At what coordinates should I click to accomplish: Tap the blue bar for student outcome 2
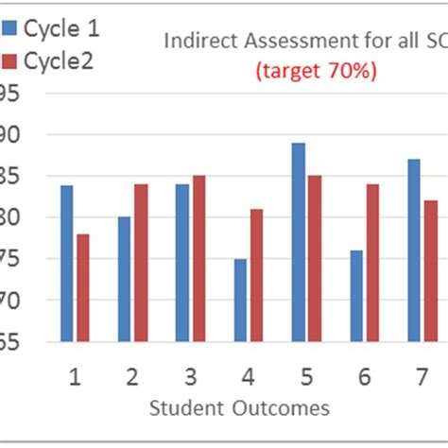(x=124, y=279)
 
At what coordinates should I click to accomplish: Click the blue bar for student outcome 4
(x=240, y=300)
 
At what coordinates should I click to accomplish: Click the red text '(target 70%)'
(x=316, y=71)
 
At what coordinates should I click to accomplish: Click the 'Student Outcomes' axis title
(x=239, y=408)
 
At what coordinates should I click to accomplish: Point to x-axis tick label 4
(x=248, y=378)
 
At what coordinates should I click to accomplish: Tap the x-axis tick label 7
(x=422, y=378)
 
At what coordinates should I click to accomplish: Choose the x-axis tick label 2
(x=132, y=378)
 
